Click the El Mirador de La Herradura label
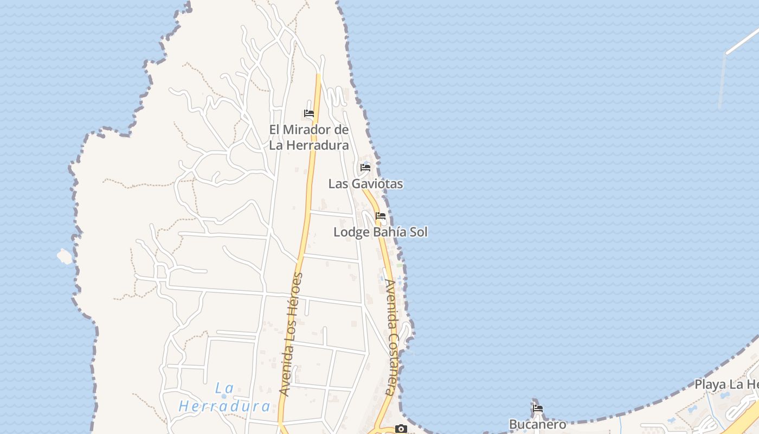pyautogui.click(x=309, y=137)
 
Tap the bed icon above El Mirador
pyautogui.click(x=309, y=113)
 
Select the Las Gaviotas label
pyautogui.click(x=365, y=184)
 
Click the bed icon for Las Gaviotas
pyautogui.click(x=365, y=168)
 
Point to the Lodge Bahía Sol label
pyautogui.click(x=380, y=232)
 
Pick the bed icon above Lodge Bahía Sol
pyautogui.click(x=381, y=216)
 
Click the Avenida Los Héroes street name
pyautogui.click(x=291, y=334)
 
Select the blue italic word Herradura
pyautogui.click(x=224, y=406)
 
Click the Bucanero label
pyautogui.click(x=537, y=424)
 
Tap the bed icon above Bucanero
pyautogui.click(x=537, y=408)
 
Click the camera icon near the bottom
pyautogui.click(x=401, y=429)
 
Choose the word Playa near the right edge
pyautogui.click(x=710, y=385)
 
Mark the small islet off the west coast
pyautogui.click(x=65, y=256)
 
